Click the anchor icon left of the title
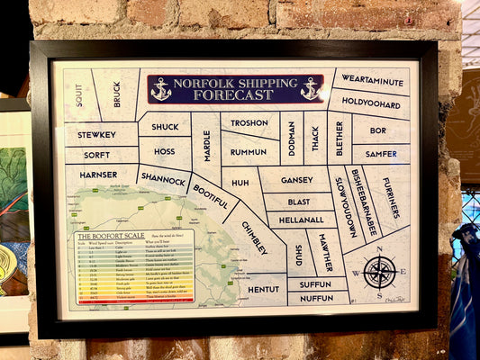[161, 88]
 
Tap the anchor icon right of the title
[310, 88]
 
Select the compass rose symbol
[379, 271]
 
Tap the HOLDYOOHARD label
[370, 103]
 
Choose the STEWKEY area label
[96, 135]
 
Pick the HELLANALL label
[301, 220]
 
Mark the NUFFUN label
[317, 298]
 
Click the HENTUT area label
[263, 289]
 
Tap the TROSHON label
[249, 123]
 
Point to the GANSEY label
[296, 180]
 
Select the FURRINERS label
[391, 198]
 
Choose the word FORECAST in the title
[236, 94]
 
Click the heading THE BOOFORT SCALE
[105, 236]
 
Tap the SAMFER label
[381, 154]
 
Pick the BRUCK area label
[117, 94]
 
